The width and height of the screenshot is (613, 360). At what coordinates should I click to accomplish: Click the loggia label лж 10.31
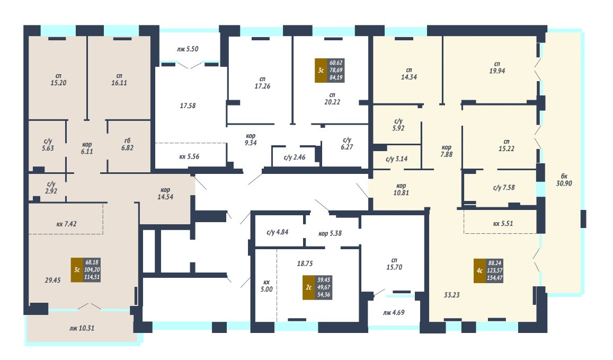tap(81, 328)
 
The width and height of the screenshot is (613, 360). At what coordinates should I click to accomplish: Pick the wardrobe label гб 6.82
tap(127, 144)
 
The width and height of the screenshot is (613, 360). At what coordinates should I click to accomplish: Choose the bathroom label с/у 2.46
tap(295, 157)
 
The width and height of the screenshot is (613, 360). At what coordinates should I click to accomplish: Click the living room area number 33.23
tap(452, 295)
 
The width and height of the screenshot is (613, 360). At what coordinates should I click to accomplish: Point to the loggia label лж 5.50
tap(188, 49)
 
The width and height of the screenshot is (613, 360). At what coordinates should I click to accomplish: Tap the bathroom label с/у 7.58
tap(504, 187)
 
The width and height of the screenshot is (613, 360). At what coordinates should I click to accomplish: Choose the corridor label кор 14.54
tap(165, 193)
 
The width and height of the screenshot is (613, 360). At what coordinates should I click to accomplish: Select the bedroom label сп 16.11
tap(119, 79)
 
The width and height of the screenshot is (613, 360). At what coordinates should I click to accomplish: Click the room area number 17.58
tap(188, 106)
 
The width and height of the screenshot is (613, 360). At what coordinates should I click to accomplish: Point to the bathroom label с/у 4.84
tap(277, 232)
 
